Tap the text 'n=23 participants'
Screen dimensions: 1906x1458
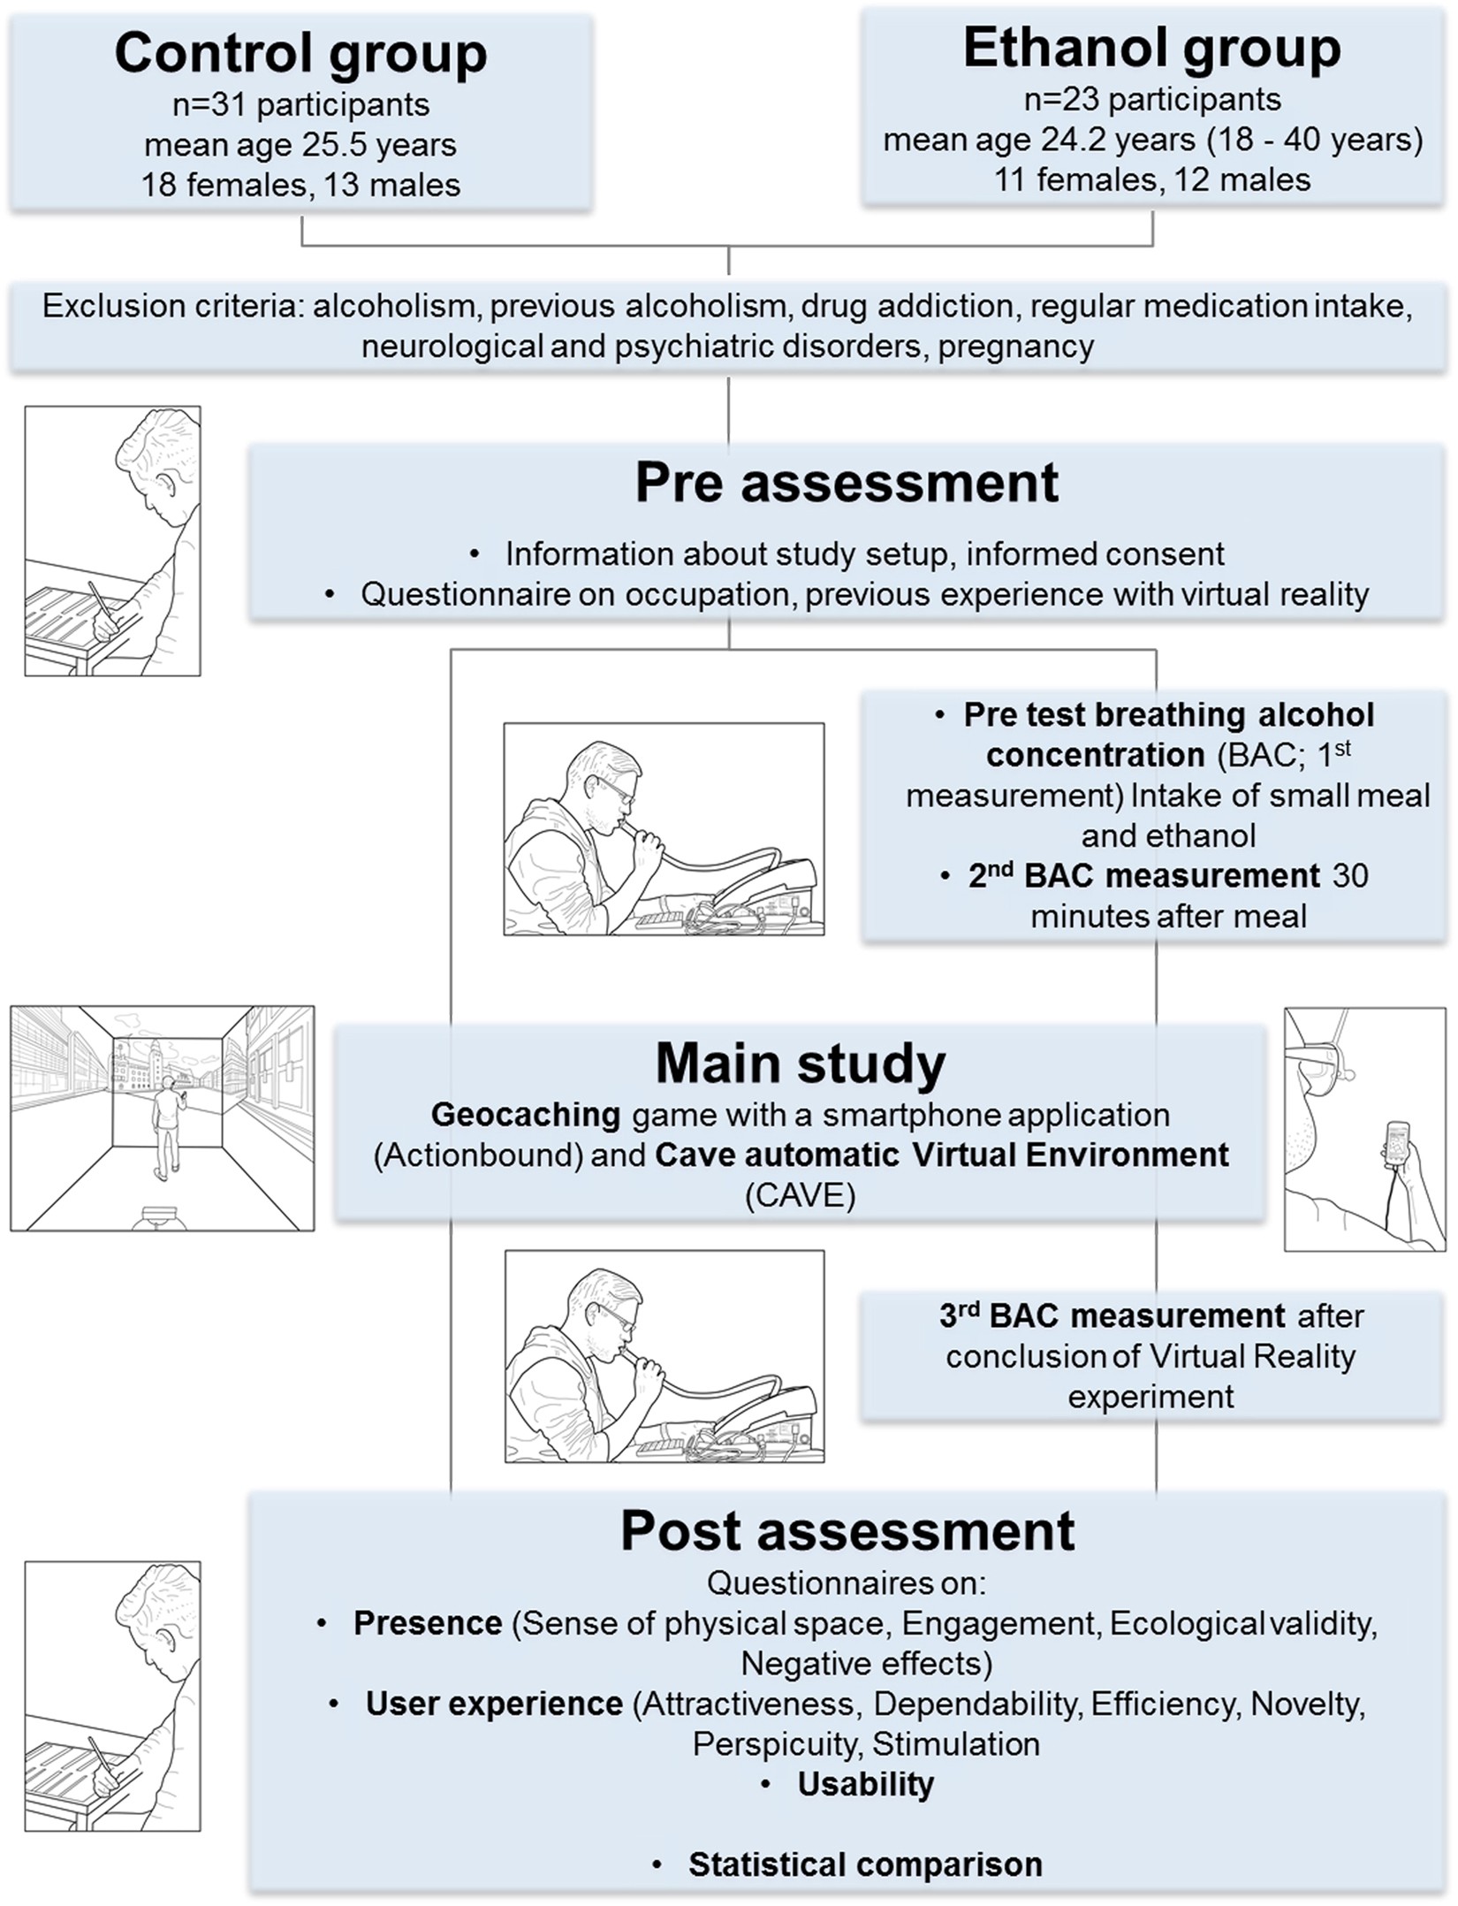point(1152,100)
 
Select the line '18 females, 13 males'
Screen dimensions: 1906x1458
point(300,185)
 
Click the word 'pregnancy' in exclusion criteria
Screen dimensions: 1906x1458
point(1016,346)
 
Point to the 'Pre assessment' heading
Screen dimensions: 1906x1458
point(847,484)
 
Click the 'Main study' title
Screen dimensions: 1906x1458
point(800,1064)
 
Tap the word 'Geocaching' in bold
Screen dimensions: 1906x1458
point(525,1115)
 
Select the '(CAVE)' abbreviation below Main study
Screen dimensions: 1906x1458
point(800,1196)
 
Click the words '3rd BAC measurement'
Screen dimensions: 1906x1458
point(1112,1316)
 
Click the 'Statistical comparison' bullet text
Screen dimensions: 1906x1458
point(865,1864)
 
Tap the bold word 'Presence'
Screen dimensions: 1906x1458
point(428,1624)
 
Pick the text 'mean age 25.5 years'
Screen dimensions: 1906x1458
point(300,145)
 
